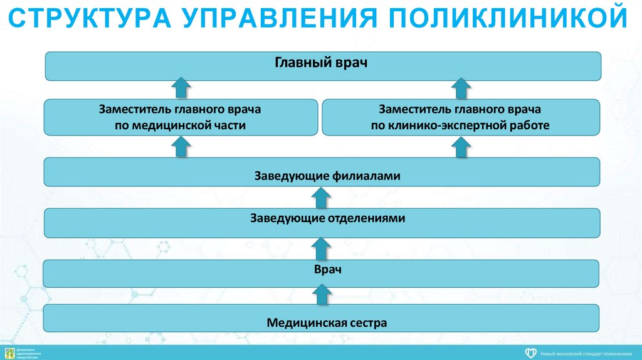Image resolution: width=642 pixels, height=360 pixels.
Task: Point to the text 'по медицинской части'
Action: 180,125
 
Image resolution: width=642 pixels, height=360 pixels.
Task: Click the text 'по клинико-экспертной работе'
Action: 460,125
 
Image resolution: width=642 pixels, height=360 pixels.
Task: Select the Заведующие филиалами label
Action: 327,176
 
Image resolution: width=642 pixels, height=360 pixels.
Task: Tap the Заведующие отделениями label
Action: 328,218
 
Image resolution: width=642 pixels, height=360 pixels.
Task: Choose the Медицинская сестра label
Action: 327,323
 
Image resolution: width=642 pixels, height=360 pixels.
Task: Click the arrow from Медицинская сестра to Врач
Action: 322,294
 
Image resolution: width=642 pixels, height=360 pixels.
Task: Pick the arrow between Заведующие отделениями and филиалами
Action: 322,198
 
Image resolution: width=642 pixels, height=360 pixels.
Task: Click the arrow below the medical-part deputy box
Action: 180,147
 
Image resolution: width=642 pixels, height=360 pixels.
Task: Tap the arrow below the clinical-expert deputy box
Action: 461,147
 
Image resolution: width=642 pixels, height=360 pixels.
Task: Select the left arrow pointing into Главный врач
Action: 181,87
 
